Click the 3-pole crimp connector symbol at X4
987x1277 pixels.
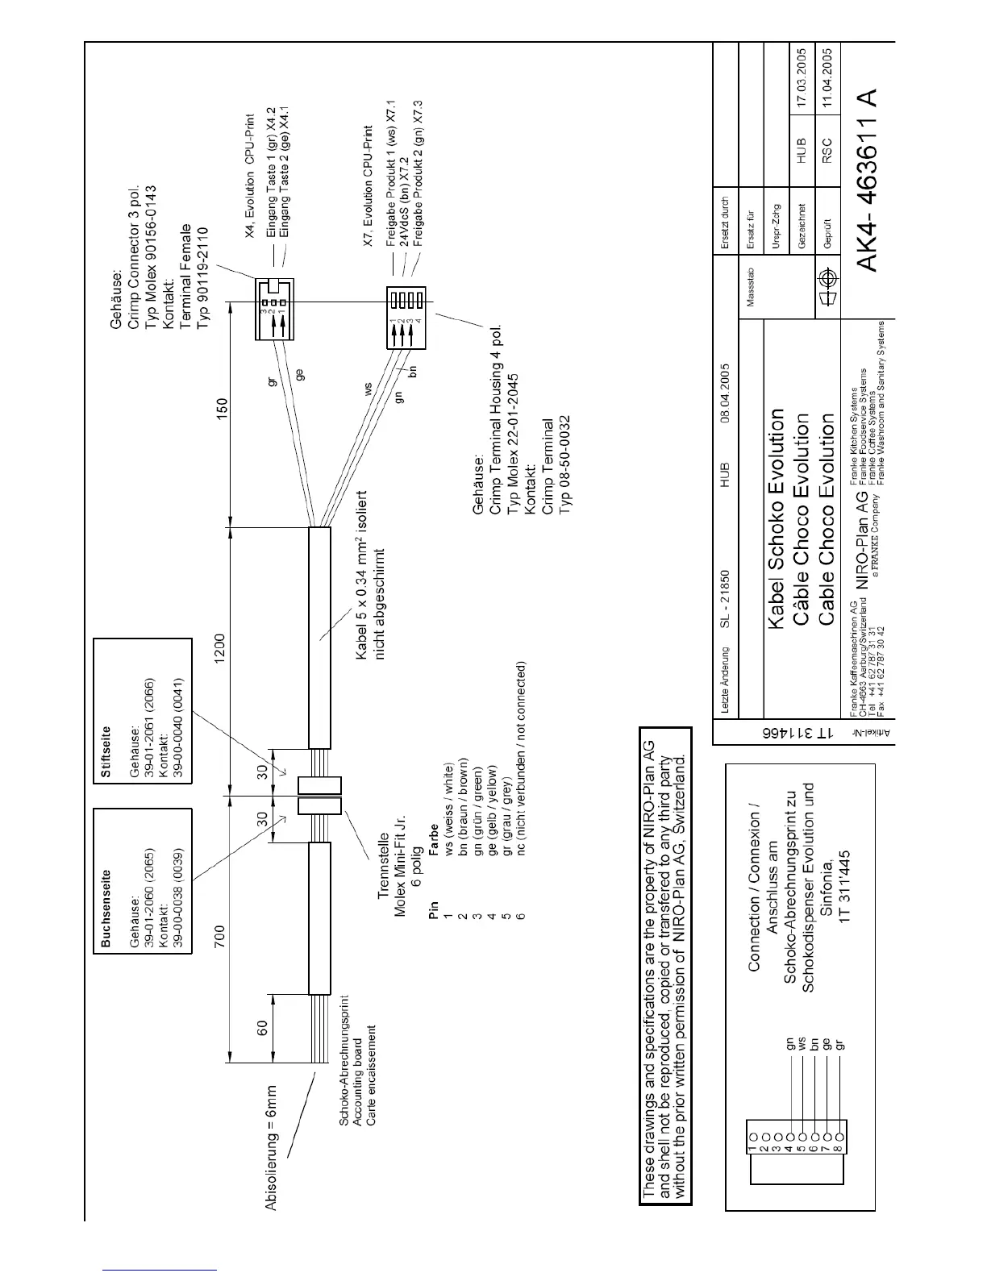274,302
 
